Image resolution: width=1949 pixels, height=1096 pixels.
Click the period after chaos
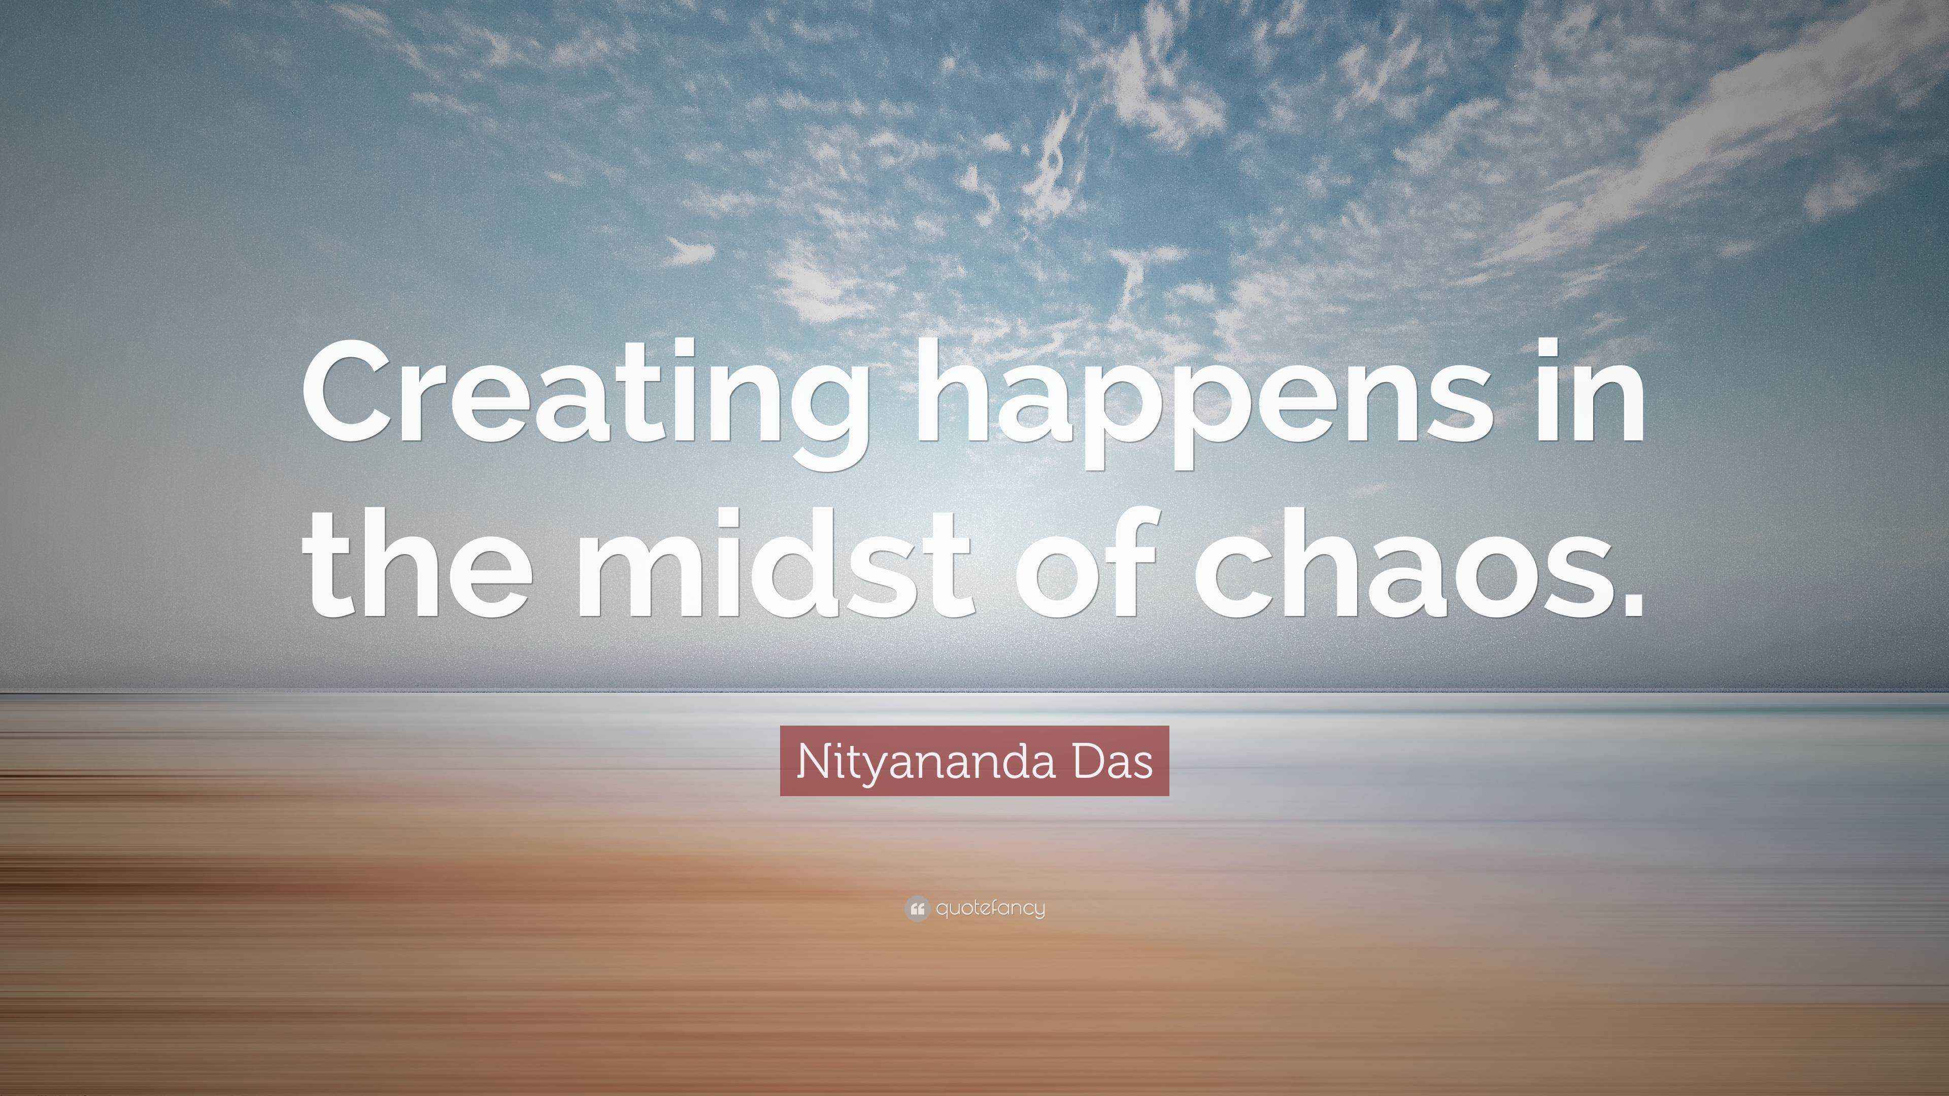click(x=1627, y=598)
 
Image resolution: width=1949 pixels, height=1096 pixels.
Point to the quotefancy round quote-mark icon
click(x=916, y=908)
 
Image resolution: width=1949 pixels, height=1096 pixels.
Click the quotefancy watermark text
click(x=990, y=908)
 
